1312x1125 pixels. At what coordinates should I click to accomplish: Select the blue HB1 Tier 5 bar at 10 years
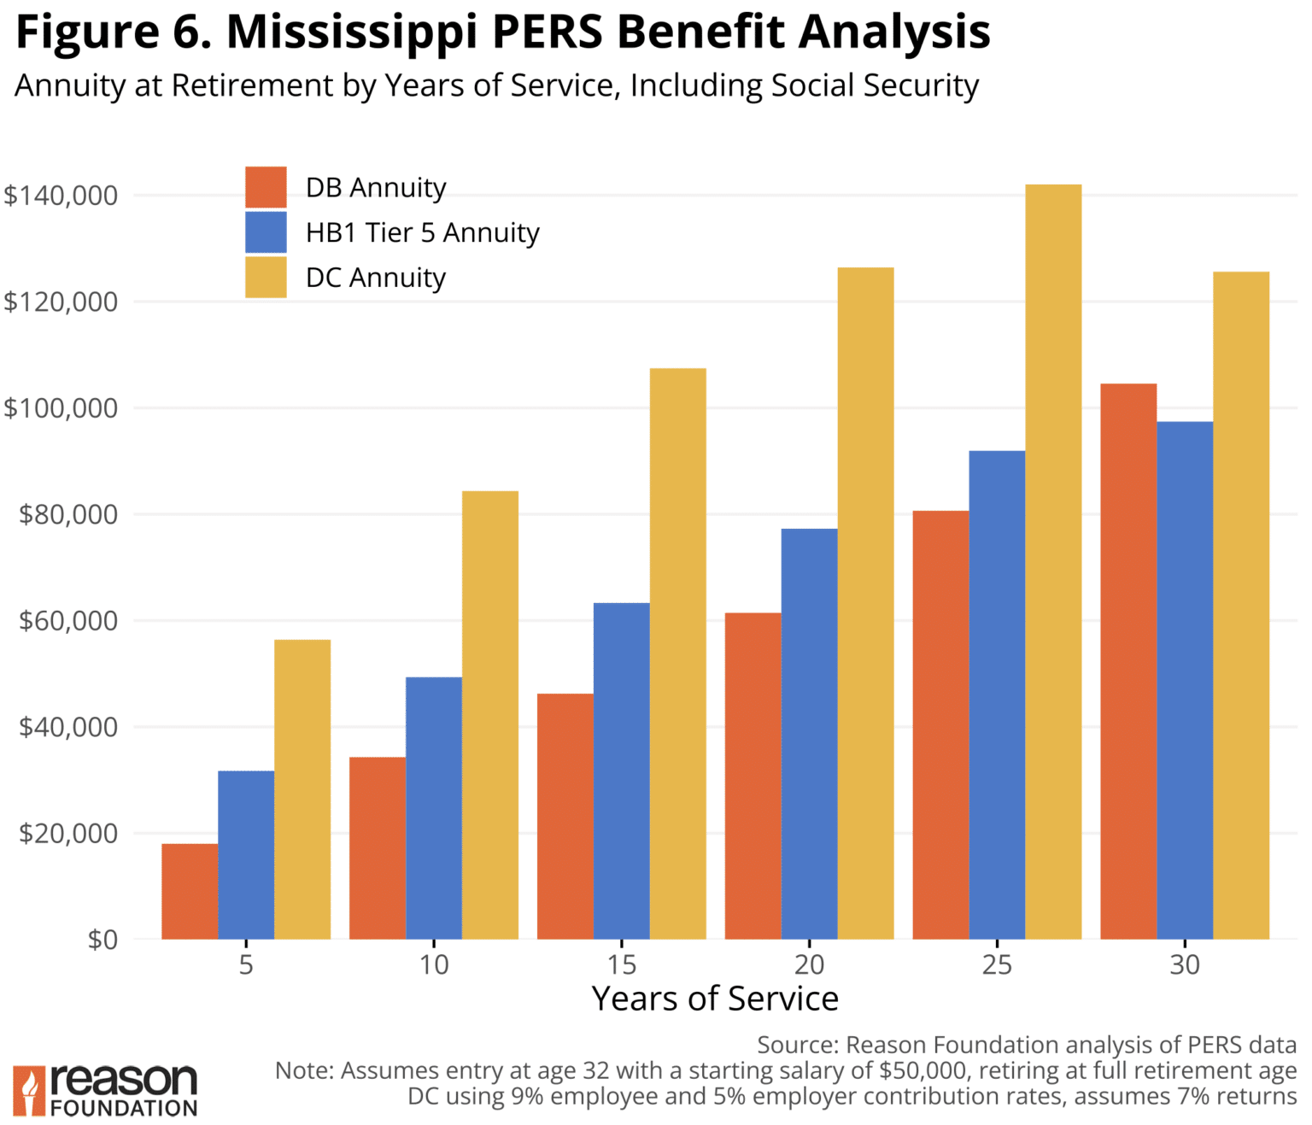point(433,807)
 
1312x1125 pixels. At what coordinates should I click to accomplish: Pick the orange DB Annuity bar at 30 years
point(1127,661)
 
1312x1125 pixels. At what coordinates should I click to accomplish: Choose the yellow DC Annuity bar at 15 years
point(677,653)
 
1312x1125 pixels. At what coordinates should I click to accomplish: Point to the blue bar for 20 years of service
point(809,734)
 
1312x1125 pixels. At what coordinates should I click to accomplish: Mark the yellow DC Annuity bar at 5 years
point(302,789)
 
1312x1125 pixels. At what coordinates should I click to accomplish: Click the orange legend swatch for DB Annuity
point(266,187)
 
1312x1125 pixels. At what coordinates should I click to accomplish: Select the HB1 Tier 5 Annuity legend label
point(422,232)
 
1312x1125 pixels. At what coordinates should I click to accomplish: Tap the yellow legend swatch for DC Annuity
point(266,278)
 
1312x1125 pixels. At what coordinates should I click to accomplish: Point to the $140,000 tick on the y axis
point(61,196)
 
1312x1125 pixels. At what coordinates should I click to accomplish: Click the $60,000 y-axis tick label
point(68,621)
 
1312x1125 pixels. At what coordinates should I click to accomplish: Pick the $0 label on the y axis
point(102,940)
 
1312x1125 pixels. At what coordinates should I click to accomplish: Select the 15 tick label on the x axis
point(621,965)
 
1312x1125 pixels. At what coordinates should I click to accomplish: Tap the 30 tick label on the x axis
point(1184,965)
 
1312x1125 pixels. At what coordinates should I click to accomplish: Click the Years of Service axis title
point(715,999)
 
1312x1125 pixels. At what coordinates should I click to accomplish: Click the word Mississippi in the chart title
point(353,32)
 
